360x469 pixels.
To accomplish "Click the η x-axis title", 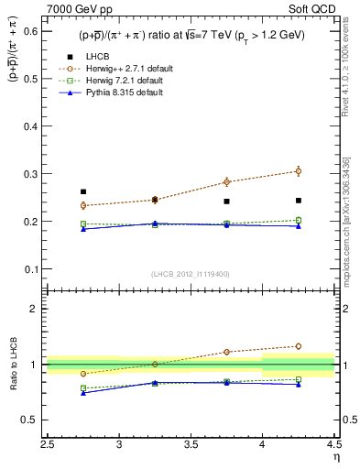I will tap(335, 457).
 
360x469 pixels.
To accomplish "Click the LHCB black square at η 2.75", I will tap(83, 191).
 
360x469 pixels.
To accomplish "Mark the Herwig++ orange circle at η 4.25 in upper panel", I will tap(298, 171).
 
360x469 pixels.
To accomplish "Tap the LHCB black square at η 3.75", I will tap(226, 201).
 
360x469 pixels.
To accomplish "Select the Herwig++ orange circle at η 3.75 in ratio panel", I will tap(226, 352).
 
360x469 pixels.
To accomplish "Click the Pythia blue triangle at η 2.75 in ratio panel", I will tap(83, 393).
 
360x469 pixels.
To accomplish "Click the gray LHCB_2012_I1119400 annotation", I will tap(191, 274).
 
